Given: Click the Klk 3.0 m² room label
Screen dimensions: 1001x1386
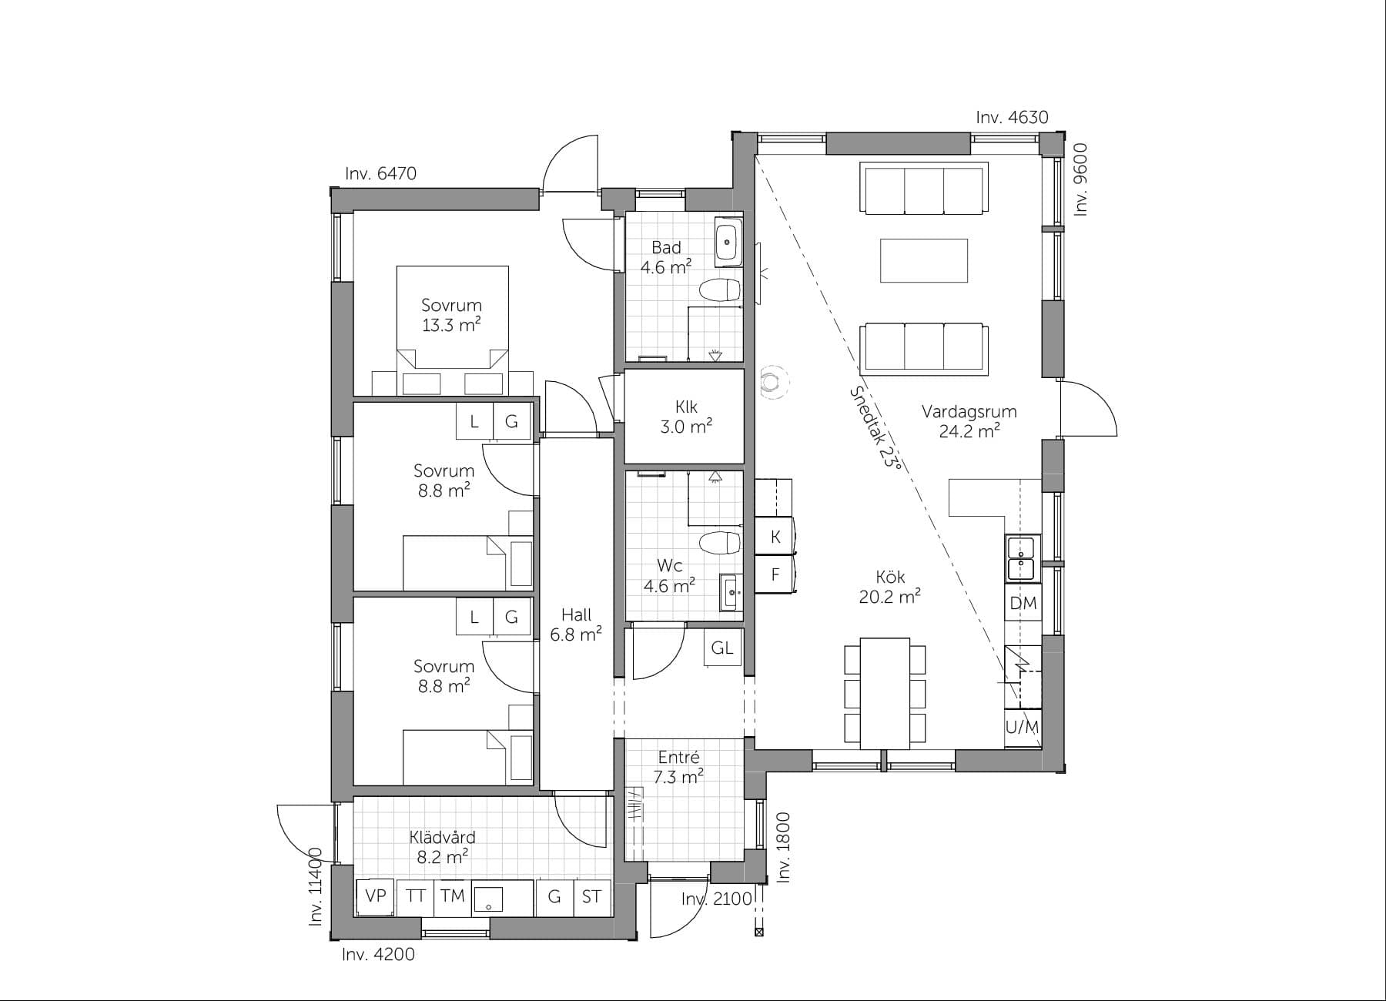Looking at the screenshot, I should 685,416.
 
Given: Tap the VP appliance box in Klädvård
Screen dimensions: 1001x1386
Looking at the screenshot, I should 375,896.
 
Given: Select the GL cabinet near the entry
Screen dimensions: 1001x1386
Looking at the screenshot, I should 722,648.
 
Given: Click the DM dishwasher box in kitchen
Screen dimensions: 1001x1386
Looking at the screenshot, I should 1023,603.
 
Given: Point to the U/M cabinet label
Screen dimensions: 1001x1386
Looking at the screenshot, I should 1023,727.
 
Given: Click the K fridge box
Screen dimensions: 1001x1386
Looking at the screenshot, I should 775,537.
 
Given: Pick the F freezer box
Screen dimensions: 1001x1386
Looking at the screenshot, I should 775,574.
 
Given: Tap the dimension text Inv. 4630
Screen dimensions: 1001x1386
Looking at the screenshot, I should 1012,118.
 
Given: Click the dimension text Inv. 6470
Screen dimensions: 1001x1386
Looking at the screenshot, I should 380,173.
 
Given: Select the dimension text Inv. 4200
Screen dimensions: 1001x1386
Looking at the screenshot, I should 378,955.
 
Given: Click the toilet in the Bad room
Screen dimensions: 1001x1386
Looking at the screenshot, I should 720,291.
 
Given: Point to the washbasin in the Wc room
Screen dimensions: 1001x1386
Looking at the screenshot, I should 730,592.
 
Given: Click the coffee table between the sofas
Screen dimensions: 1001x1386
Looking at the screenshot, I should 923,260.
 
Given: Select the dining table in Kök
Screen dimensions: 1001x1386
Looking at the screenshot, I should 884,692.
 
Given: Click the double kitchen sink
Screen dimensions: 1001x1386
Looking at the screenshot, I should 1023,558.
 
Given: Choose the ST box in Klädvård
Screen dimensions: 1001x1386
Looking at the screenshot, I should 591,896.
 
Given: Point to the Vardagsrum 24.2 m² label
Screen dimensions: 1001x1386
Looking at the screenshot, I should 969,420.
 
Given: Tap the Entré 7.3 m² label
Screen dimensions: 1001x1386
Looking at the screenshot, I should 678,768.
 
